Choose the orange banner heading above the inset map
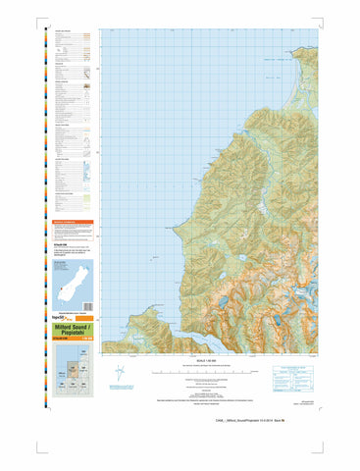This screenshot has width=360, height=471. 75,223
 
